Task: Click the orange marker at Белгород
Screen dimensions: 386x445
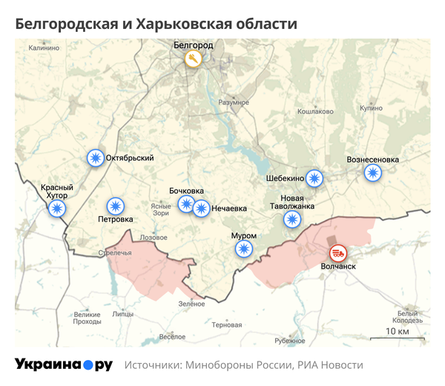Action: pos(193,59)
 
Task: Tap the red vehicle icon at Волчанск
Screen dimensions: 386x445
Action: pos(337,252)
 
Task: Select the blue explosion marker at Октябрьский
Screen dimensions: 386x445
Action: pos(95,158)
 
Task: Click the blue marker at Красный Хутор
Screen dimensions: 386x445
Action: pos(56,209)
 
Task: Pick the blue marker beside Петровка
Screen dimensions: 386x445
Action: pos(115,206)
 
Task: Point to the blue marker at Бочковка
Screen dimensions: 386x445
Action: pos(186,204)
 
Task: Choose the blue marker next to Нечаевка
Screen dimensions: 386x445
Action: pos(200,209)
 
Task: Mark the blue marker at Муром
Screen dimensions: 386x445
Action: pos(243,249)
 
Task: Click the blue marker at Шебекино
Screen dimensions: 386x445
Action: pos(315,178)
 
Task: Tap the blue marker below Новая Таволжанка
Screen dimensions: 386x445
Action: pos(293,219)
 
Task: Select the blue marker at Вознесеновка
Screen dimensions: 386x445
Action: pos(373,172)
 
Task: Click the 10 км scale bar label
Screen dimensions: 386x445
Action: pos(398,330)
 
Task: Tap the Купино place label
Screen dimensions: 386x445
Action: pos(371,108)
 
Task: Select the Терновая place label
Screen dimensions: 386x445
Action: pos(226,325)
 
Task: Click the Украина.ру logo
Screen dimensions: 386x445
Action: pos(64,364)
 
